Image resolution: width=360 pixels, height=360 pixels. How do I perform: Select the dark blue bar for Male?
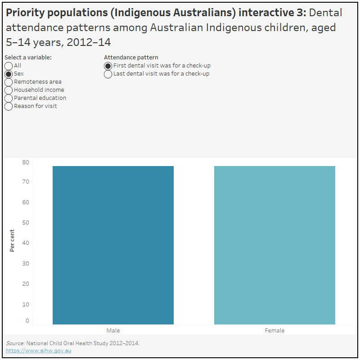pyautogui.click(x=113, y=245)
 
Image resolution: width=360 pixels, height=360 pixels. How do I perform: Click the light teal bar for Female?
pyautogui.click(x=274, y=245)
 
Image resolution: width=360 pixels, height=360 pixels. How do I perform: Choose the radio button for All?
pyautogui.click(x=9, y=66)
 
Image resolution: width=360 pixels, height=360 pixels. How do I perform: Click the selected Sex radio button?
pyautogui.click(x=9, y=74)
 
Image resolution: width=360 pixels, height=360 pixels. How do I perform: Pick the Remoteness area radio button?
pyautogui.click(x=9, y=82)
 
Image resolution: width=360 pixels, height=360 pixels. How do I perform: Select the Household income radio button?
pyautogui.click(x=9, y=90)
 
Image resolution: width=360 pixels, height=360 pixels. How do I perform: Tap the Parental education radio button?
pyautogui.click(x=9, y=98)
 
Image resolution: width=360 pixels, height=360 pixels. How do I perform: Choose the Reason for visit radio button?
pyautogui.click(x=9, y=106)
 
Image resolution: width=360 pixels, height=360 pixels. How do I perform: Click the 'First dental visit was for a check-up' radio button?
pyautogui.click(x=108, y=66)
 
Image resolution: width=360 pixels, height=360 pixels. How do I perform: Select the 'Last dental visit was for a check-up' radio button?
pyautogui.click(x=108, y=74)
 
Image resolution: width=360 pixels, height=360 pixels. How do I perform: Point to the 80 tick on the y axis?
pyautogui.click(x=26, y=162)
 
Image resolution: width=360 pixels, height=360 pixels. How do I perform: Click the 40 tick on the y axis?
pyautogui.click(x=26, y=243)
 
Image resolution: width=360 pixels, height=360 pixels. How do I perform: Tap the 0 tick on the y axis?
pyautogui.click(x=27, y=321)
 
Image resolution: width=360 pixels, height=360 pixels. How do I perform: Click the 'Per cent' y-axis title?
pyautogui.click(x=12, y=240)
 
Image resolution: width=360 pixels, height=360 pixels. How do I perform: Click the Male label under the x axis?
pyautogui.click(x=113, y=330)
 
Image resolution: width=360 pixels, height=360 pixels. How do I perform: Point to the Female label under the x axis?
pyautogui.click(x=274, y=330)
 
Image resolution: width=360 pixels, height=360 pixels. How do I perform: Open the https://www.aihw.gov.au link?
pyautogui.click(x=38, y=350)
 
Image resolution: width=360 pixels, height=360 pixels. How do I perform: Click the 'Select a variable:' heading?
pyautogui.click(x=28, y=57)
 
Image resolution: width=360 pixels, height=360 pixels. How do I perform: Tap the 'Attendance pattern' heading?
pyautogui.click(x=131, y=57)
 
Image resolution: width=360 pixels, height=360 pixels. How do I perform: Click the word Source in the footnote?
pyautogui.click(x=15, y=343)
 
